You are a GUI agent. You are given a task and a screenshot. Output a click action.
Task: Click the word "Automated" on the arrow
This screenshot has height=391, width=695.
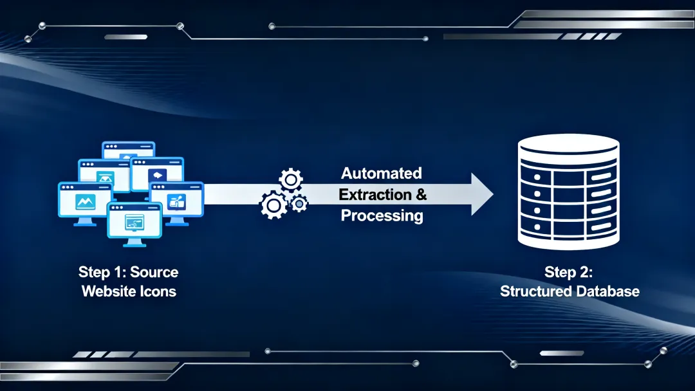coord(382,173)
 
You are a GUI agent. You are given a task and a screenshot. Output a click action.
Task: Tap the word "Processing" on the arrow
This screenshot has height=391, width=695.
coord(382,215)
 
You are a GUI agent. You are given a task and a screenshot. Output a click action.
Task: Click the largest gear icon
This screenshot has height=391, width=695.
coord(273,205)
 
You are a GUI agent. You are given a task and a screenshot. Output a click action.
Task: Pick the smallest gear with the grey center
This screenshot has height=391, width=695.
coord(299,204)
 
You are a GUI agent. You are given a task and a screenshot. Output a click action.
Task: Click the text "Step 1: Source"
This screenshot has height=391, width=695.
coord(128,271)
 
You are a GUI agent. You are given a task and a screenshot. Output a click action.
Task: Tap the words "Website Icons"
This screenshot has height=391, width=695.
coord(129,291)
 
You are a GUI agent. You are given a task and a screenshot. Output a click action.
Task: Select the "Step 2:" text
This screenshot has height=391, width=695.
coord(569,271)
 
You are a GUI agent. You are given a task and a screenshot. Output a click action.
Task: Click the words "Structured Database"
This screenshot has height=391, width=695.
coord(570,291)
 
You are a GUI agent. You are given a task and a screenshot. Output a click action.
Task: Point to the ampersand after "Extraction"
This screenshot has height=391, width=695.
coord(421,194)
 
